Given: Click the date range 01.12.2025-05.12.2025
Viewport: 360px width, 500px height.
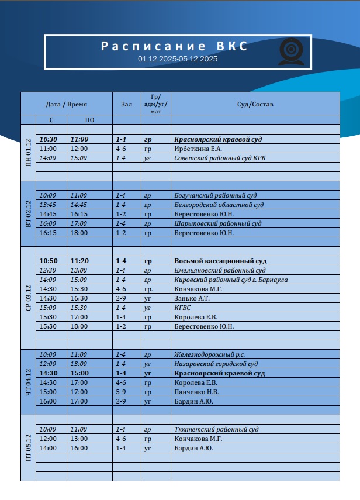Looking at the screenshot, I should pyautogui.click(x=178, y=59).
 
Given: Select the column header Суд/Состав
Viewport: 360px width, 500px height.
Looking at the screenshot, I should pyautogui.click(x=255, y=104).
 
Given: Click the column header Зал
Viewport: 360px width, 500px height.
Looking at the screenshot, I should pyautogui.click(x=126, y=104).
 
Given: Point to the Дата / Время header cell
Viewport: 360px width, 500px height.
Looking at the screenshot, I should pyautogui.click(x=67, y=104).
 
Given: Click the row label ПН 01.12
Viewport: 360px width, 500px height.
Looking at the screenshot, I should pyautogui.click(x=29, y=153).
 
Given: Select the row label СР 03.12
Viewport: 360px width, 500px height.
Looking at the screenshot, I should pyautogui.click(x=29, y=298).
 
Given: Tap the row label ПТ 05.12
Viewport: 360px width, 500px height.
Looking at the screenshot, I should pyautogui.click(x=29, y=448).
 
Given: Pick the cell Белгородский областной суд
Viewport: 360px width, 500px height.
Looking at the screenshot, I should pyautogui.click(x=219, y=205).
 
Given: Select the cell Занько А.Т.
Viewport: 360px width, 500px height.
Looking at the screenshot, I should pyautogui.click(x=192, y=298).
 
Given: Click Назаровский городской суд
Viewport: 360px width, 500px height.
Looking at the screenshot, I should pyautogui.click(x=216, y=364).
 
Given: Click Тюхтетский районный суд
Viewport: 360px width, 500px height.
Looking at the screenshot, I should pyautogui.click(x=216, y=429).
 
